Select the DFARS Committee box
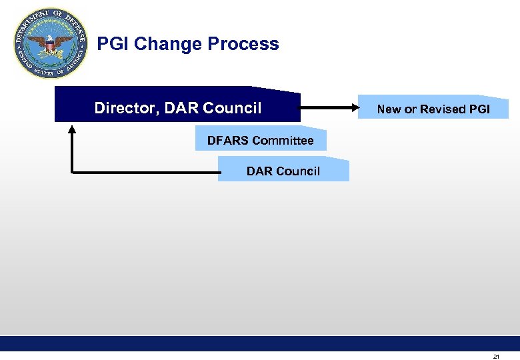coord(261,140)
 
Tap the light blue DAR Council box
coord(283,171)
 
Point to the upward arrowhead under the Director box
coord(73,129)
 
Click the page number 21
coord(496,357)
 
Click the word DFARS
coord(228,140)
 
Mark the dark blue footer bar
coord(260,343)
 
